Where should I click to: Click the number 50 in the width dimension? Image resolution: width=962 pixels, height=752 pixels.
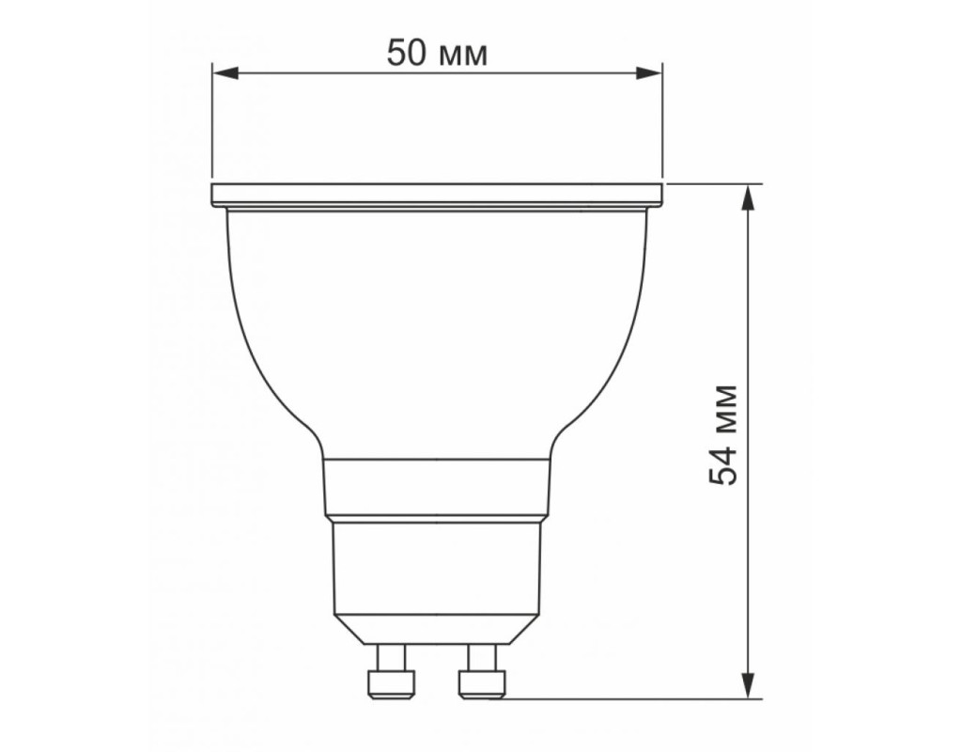(406, 53)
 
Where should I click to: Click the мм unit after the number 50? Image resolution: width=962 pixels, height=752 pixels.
(464, 56)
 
